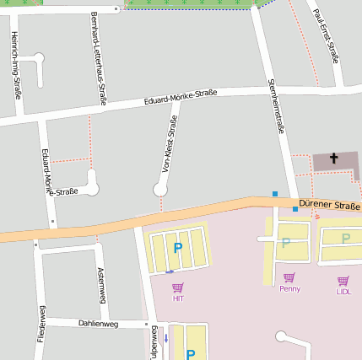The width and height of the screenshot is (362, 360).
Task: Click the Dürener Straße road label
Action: (x=329, y=206)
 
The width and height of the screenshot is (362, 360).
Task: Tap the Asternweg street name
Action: (x=100, y=285)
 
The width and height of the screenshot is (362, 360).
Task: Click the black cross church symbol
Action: (x=333, y=159)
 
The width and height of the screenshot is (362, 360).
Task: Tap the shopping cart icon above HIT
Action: (x=177, y=287)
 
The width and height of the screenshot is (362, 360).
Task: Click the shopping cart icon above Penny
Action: (x=289, y=277)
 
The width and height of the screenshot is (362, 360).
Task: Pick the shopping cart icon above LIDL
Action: (x=343, y=281)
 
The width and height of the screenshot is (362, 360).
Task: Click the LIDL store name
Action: (x=343, y=292)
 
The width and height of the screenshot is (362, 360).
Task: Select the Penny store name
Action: (x=289, y=288)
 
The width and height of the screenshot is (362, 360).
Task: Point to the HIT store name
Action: (x=177, y=298)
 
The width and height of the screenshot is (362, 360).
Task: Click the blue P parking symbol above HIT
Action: (x=177, y=248)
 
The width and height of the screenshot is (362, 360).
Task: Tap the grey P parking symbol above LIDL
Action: (x=345, y=239)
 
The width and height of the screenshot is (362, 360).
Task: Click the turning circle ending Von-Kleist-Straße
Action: (x=160, y=191)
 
